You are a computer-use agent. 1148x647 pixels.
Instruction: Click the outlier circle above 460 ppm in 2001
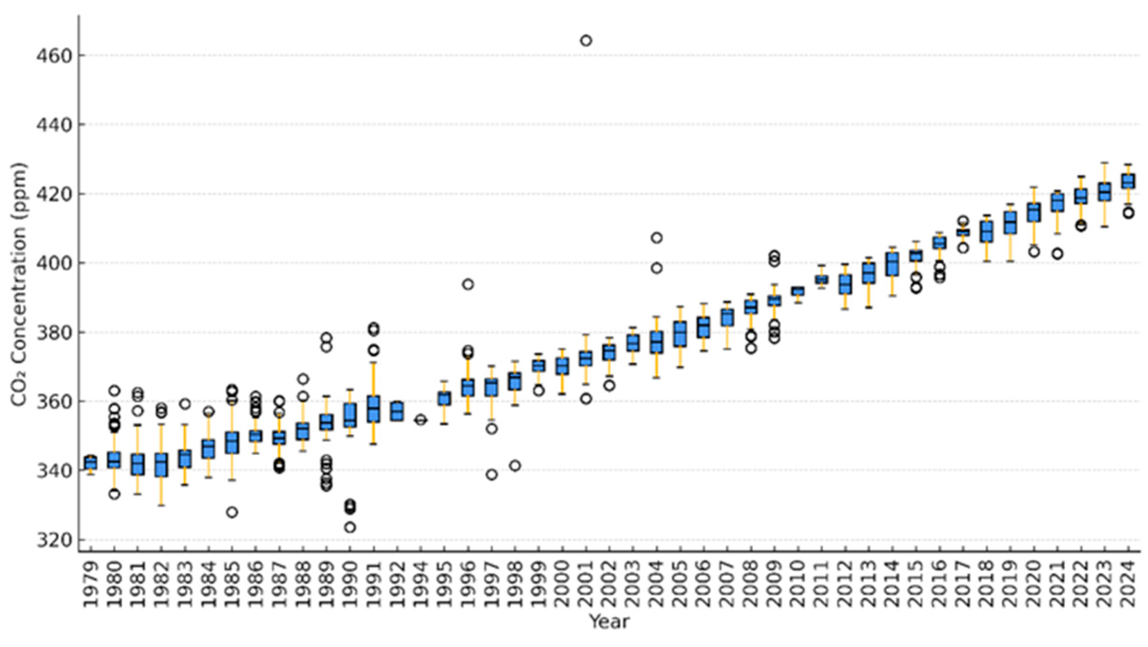point(586,41)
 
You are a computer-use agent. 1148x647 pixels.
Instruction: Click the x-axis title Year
point(609,622)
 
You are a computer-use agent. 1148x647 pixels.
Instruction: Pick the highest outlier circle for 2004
point(656,238)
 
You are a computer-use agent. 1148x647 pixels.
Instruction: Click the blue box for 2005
point(680,334)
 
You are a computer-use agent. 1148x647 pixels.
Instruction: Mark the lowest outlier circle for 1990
point(350,528)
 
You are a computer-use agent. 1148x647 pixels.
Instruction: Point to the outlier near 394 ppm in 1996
point(468,284)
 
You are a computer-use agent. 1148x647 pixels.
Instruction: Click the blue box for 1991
point(374,409)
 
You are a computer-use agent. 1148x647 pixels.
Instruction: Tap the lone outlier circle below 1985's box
point(232,512)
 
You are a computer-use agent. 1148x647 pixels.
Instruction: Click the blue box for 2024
point(1128,181)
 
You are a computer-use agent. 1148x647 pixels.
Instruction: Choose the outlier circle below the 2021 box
point(1057,254)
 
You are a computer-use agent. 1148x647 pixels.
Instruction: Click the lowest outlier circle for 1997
point(491,475)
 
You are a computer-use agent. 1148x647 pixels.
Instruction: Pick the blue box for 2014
point(892,265)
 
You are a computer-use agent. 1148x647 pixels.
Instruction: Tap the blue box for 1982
point(162,465)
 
